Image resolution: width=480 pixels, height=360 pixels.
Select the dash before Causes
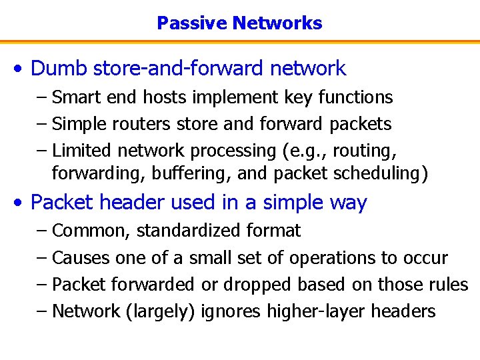point(43,258)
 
